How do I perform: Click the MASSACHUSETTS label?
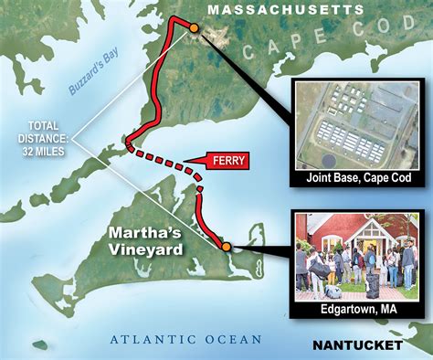coord(285,9)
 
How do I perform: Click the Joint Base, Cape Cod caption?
coord(356,180)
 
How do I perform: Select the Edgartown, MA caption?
coord(356,310)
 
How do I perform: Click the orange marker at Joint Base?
coord(193,28)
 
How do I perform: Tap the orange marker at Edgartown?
coord(226,246)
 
